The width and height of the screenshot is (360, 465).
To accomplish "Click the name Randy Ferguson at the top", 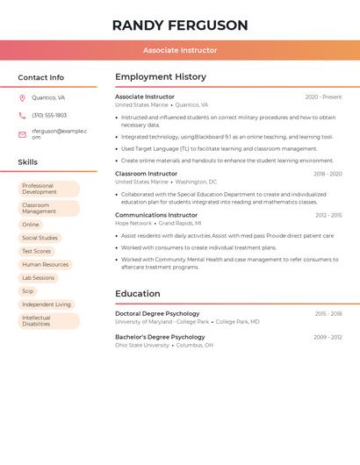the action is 180,25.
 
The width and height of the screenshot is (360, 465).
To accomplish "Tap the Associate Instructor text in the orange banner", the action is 180,50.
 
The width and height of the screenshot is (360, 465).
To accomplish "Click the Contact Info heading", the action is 41,77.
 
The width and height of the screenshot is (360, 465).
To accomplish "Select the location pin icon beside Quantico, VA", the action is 22,97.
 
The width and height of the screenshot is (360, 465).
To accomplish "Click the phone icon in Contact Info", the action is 22,115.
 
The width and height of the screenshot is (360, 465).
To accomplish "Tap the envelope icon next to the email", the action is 22,134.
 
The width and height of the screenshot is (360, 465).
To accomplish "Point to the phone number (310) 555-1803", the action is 49,115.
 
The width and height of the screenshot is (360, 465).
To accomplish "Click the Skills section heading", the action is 28,162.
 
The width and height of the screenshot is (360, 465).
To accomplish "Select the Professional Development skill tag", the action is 48,189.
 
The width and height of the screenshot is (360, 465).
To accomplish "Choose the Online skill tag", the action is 31,225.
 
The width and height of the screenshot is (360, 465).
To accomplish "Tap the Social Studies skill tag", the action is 40,238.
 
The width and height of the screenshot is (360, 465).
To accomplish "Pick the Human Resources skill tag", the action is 45,264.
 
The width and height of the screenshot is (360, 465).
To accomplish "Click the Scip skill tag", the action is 28,290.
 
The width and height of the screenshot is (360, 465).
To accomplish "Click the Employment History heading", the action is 161,77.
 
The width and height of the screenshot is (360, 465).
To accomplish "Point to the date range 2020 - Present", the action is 323,97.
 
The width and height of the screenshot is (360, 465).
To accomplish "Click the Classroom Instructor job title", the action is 146,174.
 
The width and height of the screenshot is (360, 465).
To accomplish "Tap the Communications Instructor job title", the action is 156,215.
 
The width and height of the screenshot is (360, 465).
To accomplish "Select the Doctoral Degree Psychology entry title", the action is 157,313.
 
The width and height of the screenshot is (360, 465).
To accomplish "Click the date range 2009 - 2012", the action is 328,337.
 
